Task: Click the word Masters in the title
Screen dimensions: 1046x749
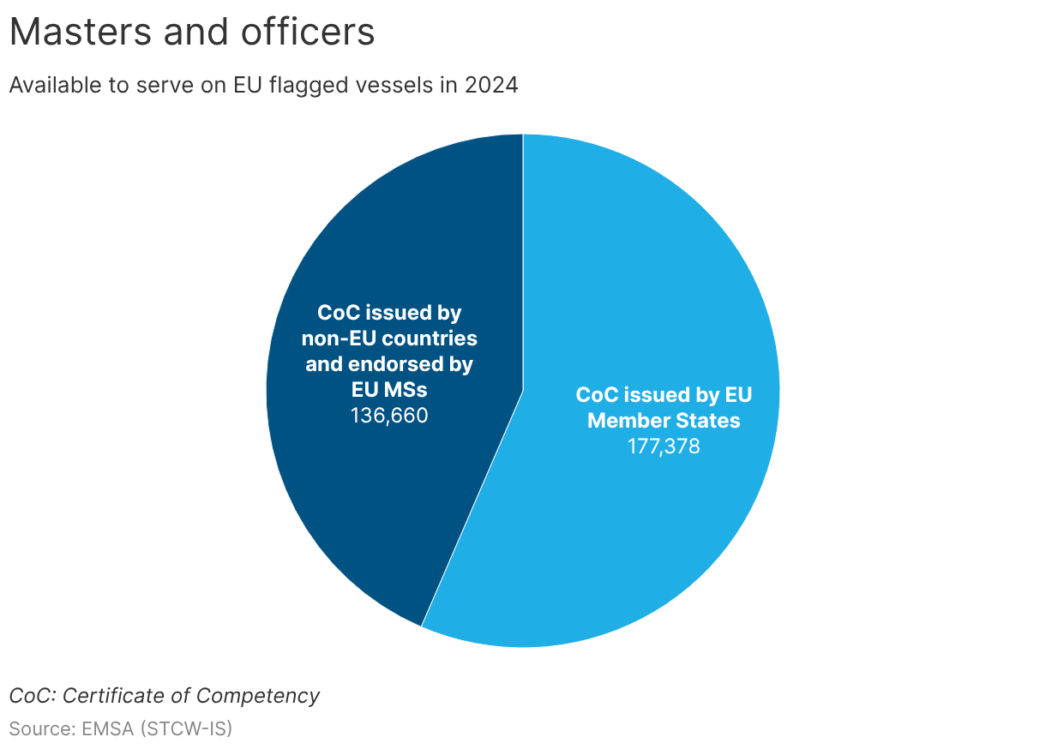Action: point(81,32)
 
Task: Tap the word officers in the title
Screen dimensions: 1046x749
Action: point(308,32)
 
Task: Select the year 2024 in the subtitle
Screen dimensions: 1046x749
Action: point(490,85)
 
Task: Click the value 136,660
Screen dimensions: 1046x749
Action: point(389,416)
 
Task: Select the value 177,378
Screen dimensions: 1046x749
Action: point(664,446)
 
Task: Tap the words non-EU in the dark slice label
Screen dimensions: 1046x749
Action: point(339,339)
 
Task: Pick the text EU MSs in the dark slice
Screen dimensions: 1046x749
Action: point(389,390)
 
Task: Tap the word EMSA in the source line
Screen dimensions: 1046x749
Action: point(107,728)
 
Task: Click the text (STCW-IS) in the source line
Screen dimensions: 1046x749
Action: point(186,729)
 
